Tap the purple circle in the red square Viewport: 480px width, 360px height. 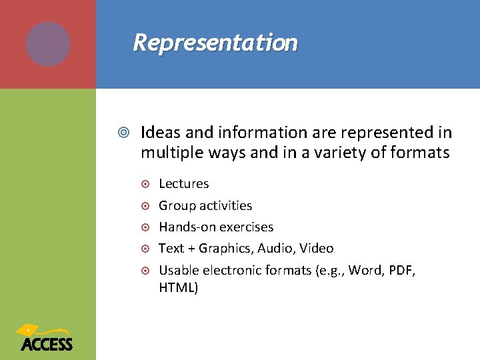pos(48,44)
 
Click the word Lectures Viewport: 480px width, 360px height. pos(183,184)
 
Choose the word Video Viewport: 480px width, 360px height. pos(317,249)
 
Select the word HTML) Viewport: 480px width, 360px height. pos(178,288)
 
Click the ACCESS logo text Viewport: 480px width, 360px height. pos(47,344)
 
